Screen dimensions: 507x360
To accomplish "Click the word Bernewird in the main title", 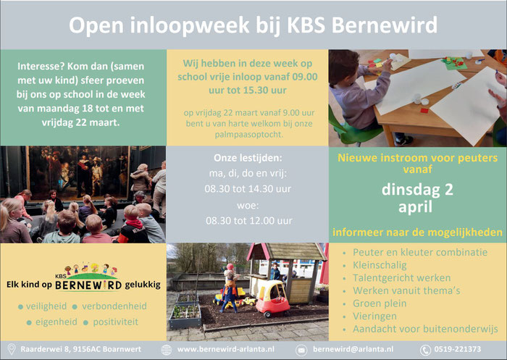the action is pyautogui.click(x=385, y=25).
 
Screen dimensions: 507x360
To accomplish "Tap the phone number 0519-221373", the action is pyautogui.click(x=458, y=349).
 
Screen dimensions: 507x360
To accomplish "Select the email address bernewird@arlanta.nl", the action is pyautogui.click(x=353, y=349).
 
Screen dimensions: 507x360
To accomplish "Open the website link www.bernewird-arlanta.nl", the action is pyautogui.click(x=226, y=349).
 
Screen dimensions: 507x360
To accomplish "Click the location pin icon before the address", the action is pyautogui.click(x=12, y=349).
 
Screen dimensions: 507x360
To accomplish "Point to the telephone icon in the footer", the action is pyautogui.click(x=425, y=350).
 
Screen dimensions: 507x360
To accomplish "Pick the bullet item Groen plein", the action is pyautogui.click(x=380, y=304).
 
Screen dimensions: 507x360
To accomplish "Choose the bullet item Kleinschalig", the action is pyautogui.click(x=380, y=265).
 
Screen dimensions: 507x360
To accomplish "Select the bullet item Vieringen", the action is pyautogui.click(x=374, y=316).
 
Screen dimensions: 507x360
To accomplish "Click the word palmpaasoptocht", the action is pyautogui.click(x=249, y=135).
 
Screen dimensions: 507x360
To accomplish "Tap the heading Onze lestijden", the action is pyautogui.click(x=248, y=158).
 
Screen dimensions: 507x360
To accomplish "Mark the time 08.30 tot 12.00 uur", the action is pyautogui.click(x=249, y=221).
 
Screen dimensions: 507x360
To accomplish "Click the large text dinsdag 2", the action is pyautogui.click(x=417, y=190).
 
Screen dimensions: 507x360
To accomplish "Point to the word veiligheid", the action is pyautogui.click(x=46, y=306).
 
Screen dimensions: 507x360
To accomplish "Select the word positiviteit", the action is pyautogui.click(x=115, y=322).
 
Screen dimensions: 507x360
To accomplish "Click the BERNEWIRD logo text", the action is pyautogui.click(x=88, y=285).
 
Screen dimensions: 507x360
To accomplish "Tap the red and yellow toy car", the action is pyautogui.click(x=272, y=298).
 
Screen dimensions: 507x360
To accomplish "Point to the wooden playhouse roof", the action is pyautogui.click(x=287, y=252).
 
